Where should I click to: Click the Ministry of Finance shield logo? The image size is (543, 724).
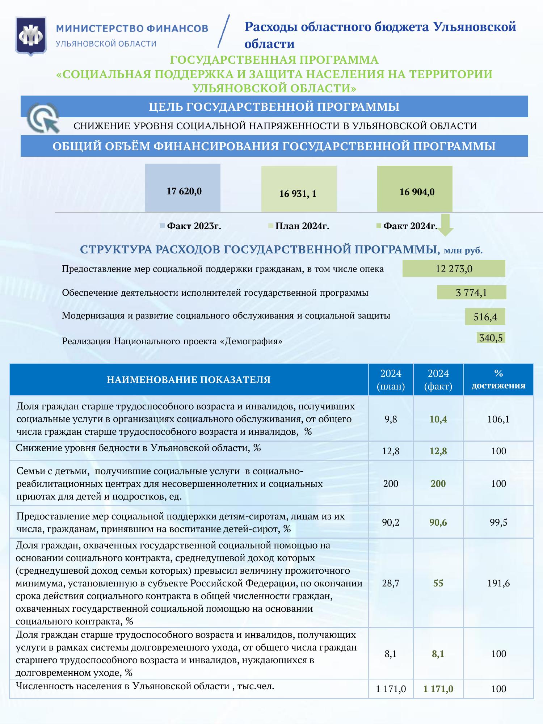click(x=31, y=36)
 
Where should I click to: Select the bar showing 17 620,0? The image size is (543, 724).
click(x=183, y=188)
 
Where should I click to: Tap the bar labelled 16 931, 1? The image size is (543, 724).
click(x=299, y=189)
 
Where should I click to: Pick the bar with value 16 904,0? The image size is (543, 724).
click(x=414, y=189)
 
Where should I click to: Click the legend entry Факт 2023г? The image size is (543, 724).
click(x=191, y=226)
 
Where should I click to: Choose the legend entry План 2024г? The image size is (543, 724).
click(x=299, y=226)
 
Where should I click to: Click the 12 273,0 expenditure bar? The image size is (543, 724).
click(x=454, y=269)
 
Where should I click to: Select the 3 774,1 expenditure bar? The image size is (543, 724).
click(x=471, y=292)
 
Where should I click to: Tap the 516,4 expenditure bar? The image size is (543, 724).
click(x=485, y=317)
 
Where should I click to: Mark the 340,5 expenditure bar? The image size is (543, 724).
click(x=491, y=338)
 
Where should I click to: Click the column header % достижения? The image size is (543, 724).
click(x=498, y=379)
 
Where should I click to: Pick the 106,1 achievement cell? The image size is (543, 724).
click(x=498, y=419)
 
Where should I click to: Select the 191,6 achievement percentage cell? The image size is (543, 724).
click(x=498, y=583)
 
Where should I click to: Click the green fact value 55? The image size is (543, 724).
click(x=438, y=583)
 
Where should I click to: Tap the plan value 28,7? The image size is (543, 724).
click(x=391, y=583)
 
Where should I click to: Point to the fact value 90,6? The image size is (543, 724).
click(x=438, y=522)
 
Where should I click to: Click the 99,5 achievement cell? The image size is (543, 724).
click(x=498, y=522)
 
